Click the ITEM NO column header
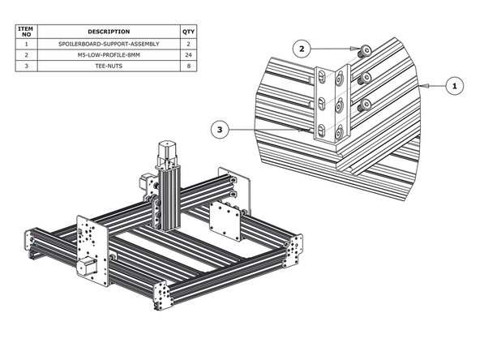click(x=26, y=32)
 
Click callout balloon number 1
click(x=454, y=84)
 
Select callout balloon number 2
click(x=302, y=49)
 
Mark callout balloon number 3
click(x=218, y=128)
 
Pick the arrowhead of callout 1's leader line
click(x=421, y=84)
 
